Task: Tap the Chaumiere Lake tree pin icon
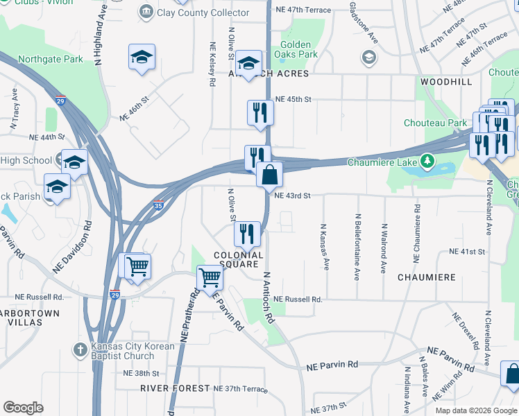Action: click(x=428, y=162)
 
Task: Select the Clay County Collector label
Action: click(x=194, y=12)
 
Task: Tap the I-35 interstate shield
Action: click(x=159, y=205)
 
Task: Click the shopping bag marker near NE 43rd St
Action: click(x=269, y=174)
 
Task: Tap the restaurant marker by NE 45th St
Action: click(x=259, y=112)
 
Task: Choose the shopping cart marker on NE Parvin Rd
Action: click(x=210, y=278)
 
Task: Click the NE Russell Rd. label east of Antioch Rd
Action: click(x=298, y=300)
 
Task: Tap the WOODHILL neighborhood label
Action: click(x=445, y=82)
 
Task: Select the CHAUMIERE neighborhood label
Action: click(x=427, y=277)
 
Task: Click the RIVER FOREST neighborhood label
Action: click(x=174, y=388)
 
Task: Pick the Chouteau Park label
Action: click(x=436, y=123)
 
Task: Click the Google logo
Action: click(x=23, y=408)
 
